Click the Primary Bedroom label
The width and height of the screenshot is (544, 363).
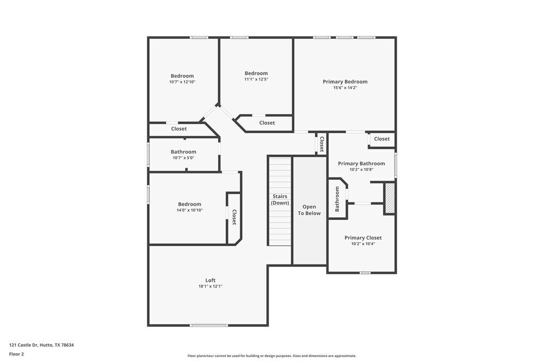[x=345, y=82]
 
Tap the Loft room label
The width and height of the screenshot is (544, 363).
[x=210, y=280]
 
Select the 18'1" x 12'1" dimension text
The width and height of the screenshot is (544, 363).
[x=210, y=286]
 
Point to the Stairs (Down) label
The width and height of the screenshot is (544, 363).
[x=280, y=199]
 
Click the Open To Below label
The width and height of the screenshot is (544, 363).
[x=309, y=210]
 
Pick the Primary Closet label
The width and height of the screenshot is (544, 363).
[x=363, y=238]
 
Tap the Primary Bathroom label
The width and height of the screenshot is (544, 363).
[x=361, y=163]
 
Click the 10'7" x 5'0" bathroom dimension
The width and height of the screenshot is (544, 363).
[x=183, y=158]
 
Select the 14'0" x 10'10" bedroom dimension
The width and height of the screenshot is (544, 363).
[x=190, y=210]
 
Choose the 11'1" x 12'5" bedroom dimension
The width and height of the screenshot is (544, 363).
[x=256, y=79]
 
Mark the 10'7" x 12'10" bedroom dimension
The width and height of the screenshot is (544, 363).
[x=182, y=82]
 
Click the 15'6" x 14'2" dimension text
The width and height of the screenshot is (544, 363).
[x=345, y=88]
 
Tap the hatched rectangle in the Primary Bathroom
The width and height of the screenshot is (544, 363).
[x=390, y=198]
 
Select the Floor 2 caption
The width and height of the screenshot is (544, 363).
[x=16, y=354]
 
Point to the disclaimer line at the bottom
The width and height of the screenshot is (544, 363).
[x=272, y=356]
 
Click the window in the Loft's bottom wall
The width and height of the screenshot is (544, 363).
[x=209, y=325]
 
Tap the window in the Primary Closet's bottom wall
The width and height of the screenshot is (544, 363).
[x=364, y=273]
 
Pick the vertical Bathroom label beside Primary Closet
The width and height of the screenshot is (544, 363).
[x=337, y=199]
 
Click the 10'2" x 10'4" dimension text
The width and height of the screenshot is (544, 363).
[x=363, y=244]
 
